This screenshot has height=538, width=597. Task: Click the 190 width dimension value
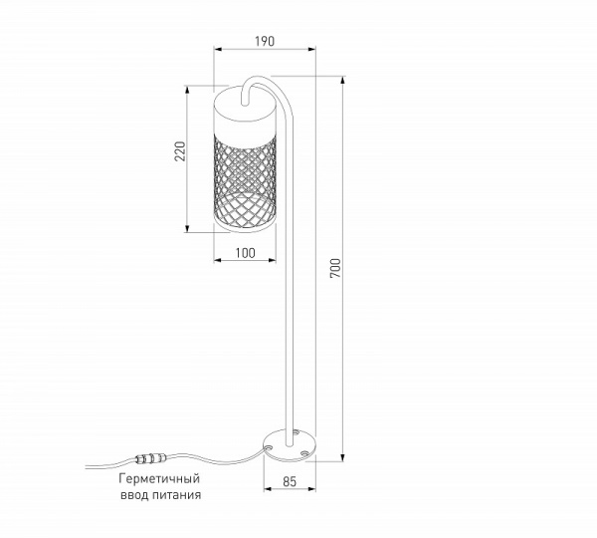pos(264,42)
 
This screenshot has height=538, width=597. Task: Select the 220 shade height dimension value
pos(180,150)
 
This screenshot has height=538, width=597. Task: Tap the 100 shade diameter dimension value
pos(245,254)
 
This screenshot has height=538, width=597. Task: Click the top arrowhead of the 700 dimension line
pos(342,80)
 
